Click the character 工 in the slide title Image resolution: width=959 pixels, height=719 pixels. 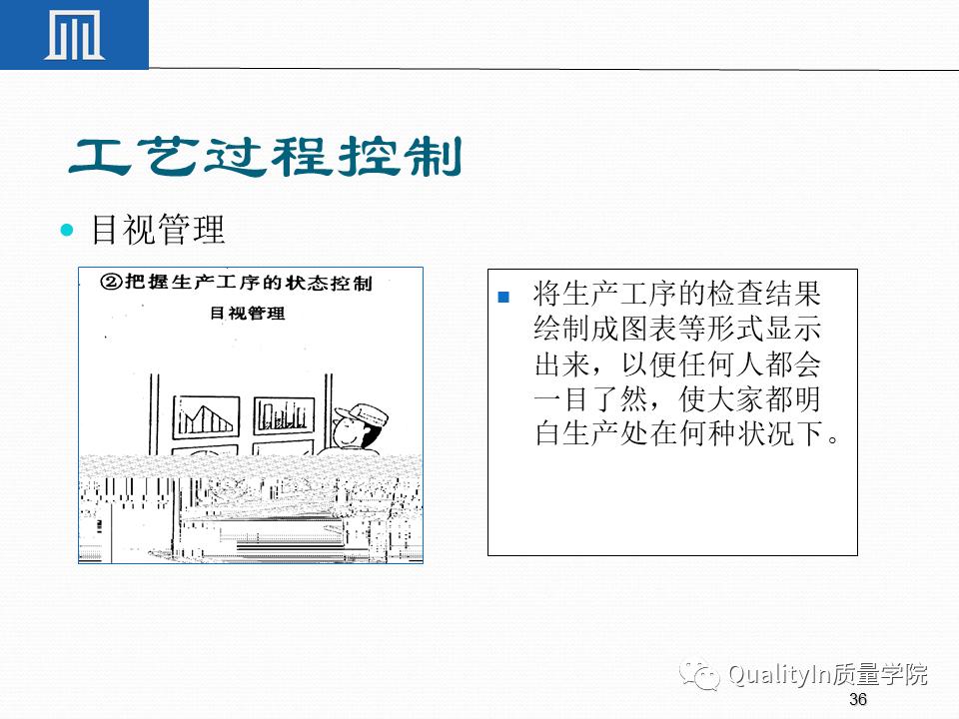[101, 157]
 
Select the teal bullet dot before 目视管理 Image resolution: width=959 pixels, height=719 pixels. [68, 231]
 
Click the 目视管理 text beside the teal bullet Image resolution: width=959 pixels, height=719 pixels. [158, 231]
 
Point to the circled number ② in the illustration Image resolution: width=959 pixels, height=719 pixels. [112, 283]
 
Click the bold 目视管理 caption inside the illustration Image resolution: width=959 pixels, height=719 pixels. [247, 313]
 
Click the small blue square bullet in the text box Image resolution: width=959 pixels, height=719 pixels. [503, 297]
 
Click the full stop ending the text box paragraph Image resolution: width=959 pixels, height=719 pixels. [836, 440]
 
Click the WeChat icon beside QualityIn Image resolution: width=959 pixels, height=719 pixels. [700, 675]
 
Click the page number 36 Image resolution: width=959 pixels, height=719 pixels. [856, 699]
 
